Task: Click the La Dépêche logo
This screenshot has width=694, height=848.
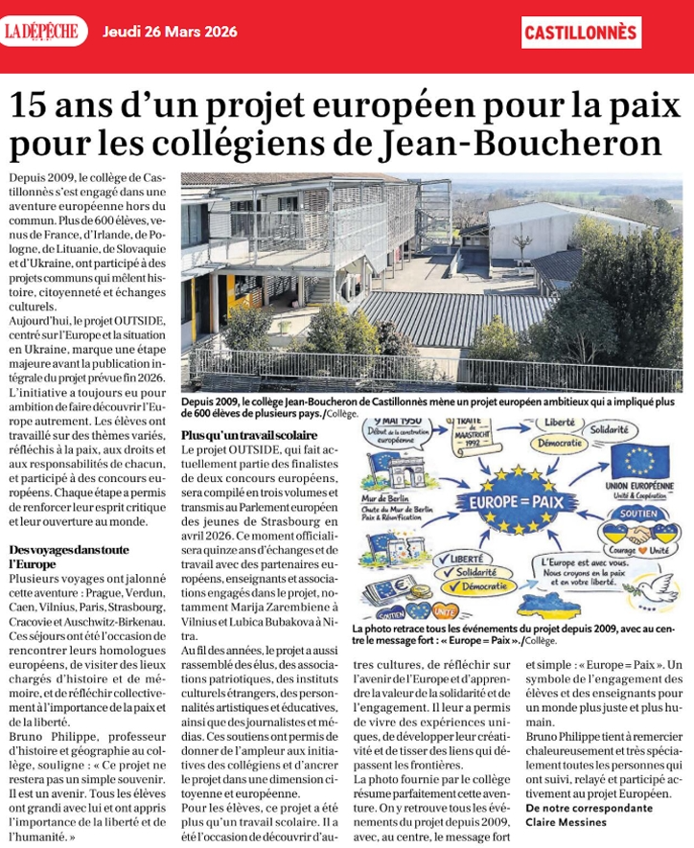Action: coord(43,30)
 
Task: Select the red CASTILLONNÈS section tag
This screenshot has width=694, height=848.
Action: coord(581,32)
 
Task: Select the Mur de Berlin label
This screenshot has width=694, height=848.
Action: coord(381,498)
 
